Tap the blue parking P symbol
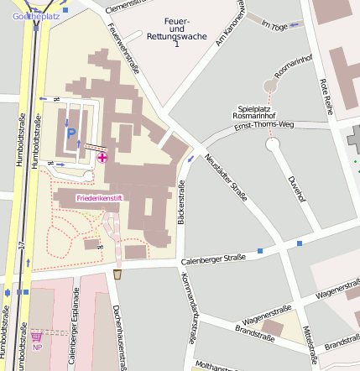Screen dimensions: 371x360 [71, 133]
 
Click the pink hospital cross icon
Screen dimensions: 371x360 [102, 157]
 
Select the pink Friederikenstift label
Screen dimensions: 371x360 [99, 198]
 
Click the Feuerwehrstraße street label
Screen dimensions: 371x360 [123, 51]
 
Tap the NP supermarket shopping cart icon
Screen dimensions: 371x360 [37, 335]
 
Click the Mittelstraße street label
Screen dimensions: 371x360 [309, 339]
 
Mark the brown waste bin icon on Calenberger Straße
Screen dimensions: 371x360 [117, 274]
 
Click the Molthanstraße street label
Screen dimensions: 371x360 [214, 366]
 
